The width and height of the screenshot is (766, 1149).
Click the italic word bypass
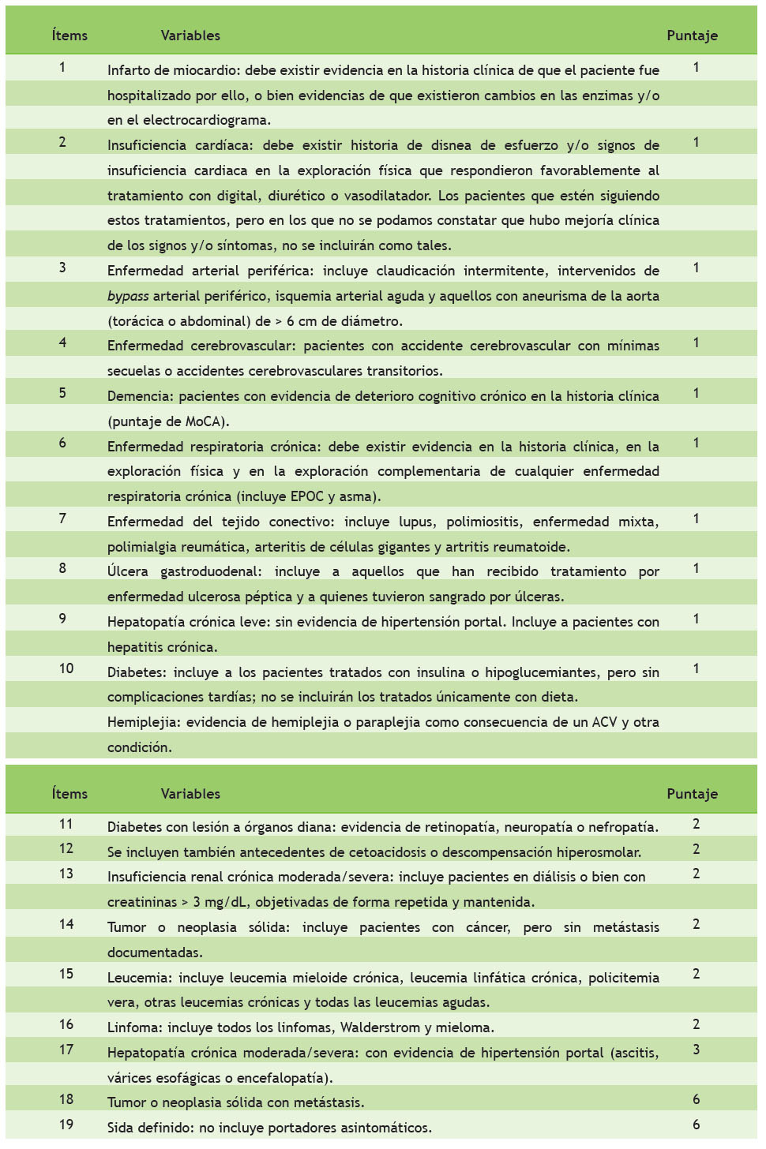pos(128,296)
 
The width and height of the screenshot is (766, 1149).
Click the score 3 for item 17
pos(696,1050)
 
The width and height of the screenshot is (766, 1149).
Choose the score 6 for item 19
pos(696,1125)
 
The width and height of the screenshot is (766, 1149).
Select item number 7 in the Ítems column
pos(62,518)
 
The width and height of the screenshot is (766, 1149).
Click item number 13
pos(66,874)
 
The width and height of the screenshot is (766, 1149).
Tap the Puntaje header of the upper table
pos(692,36)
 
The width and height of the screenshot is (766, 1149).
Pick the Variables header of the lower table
pos(190,794)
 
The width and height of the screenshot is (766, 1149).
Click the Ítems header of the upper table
pos(69,36)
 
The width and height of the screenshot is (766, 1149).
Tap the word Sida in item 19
pos(120,1128)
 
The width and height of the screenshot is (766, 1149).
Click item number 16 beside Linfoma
pos(66,1024)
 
